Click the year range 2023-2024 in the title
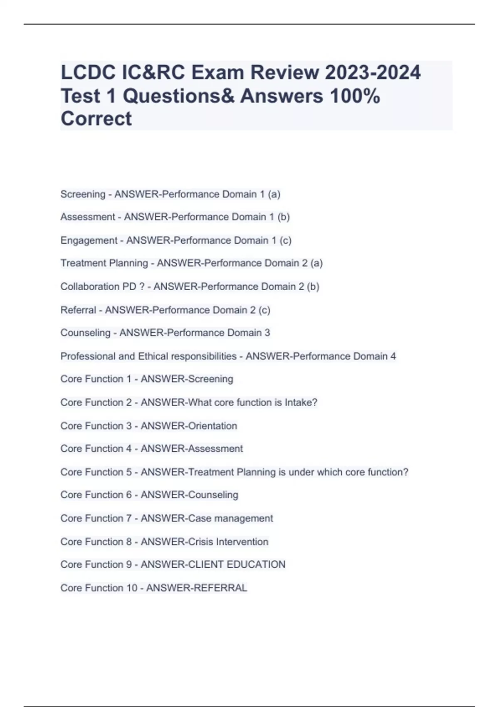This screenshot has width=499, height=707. click(373, 73)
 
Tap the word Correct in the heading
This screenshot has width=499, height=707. click(96, 119)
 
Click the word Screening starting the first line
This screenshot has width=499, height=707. click(83, 194)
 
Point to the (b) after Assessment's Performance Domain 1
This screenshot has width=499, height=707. click(284, 217)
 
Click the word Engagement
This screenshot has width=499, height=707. click(89, 240)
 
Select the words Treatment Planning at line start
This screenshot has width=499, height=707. click(104, 263)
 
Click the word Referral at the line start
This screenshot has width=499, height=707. click(78, 310)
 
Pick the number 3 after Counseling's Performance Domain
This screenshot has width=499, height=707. click(267, 333)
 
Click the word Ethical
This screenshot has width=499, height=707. click(153, 356)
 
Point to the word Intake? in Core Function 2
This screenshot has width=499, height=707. click(301, 403)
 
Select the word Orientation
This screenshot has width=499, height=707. click(213, 426)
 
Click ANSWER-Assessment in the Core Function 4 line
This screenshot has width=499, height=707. click(192, 449)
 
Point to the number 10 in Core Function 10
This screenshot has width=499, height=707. click(131, 588)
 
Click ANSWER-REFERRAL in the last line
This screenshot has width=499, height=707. click(197, 588)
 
